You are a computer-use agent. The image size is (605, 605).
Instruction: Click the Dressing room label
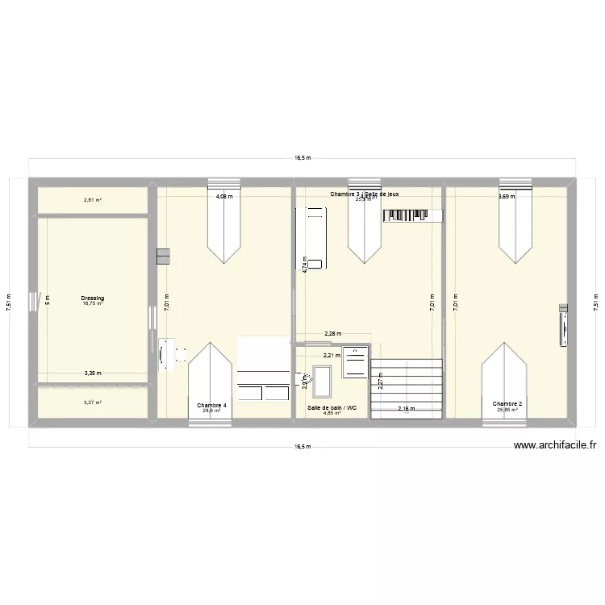click(x=93, y=298)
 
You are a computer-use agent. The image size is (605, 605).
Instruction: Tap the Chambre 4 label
click(x=212, y=405)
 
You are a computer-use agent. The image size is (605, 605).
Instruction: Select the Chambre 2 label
click(x=507, y=404)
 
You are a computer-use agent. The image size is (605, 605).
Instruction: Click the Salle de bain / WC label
click(x=330, y=408)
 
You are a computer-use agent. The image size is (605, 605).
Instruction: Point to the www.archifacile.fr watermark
click(x=554, y=444)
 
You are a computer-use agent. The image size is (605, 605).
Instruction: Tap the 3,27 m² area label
click(x=93, y=402)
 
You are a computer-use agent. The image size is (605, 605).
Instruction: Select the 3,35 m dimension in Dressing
click(x=93, y=373)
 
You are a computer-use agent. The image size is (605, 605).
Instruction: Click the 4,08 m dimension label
click(x=223, y=196)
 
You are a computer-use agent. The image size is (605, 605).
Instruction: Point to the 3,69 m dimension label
click(x=506, y=196)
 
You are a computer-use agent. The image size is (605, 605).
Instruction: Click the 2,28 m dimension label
click(x=332, y=333)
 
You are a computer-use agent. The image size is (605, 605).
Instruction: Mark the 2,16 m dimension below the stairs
click(x=407, y=408)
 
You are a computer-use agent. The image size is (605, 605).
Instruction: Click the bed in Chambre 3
click(x=313, y=237)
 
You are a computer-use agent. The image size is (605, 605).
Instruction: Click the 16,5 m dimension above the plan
click(x=302, y=158)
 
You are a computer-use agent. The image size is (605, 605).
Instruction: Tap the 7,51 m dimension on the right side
click(x=596, y=302)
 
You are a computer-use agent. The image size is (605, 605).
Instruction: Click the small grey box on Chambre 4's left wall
click(x=164, y=256)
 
